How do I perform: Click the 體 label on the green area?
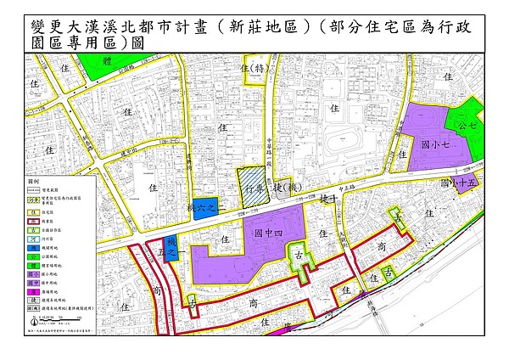107,62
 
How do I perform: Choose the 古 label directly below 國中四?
298,255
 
